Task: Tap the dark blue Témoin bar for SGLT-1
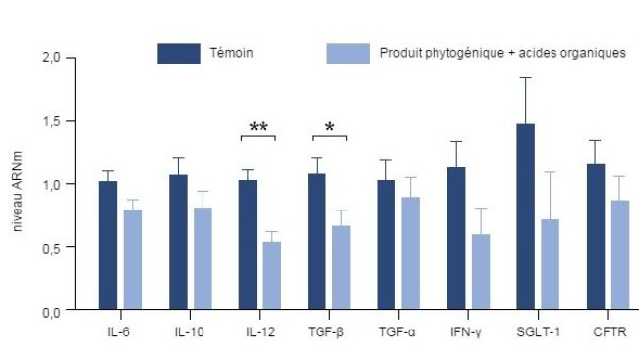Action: (527, 216)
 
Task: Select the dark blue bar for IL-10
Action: (178, 243)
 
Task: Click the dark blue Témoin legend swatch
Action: (179, 53)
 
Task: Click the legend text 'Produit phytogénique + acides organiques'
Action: (502, 53)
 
